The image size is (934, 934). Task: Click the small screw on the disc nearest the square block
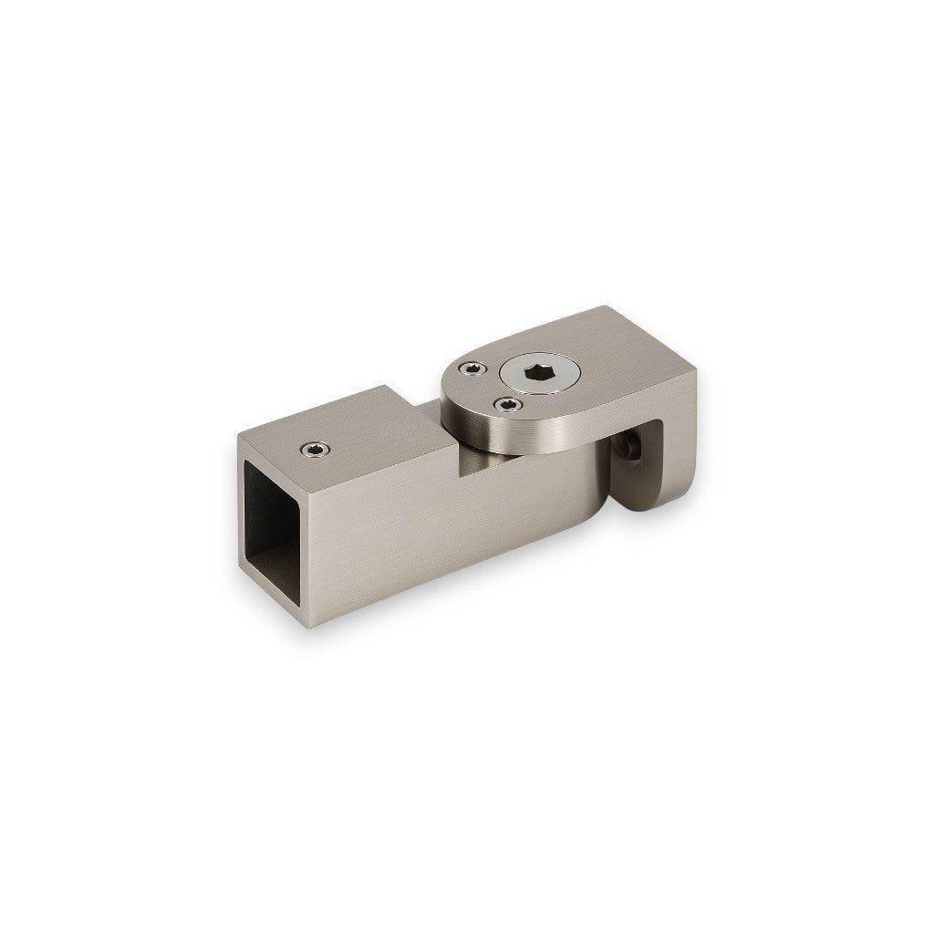point(470,368)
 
